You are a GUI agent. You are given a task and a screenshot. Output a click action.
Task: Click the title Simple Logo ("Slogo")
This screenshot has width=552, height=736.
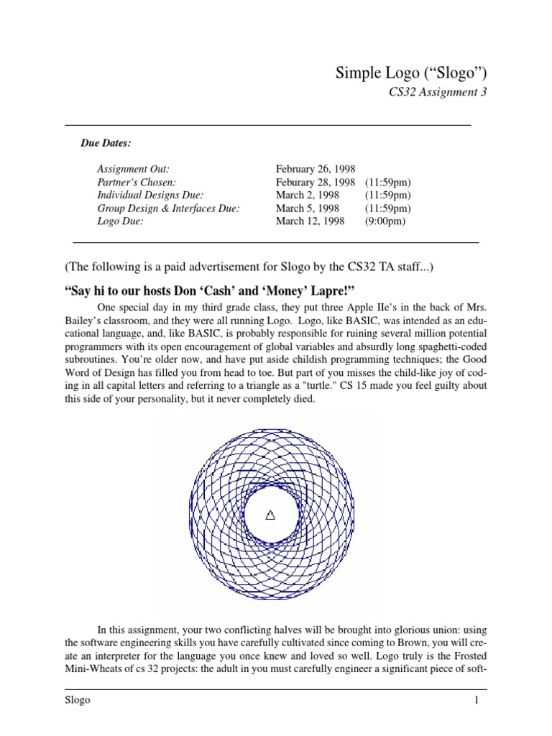tap(406, 73)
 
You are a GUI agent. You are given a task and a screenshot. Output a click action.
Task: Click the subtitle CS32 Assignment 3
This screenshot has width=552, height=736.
tap(432, 93)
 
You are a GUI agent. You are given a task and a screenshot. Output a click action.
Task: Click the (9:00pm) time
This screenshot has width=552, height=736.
tap(385, 221)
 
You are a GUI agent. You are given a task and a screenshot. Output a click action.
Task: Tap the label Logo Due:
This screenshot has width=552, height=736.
tap(120, 221)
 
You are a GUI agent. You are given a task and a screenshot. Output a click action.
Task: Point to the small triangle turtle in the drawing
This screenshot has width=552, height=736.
tap(270, 515)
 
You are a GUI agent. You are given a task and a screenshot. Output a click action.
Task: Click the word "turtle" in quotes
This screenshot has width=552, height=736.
tap(326, 386)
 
